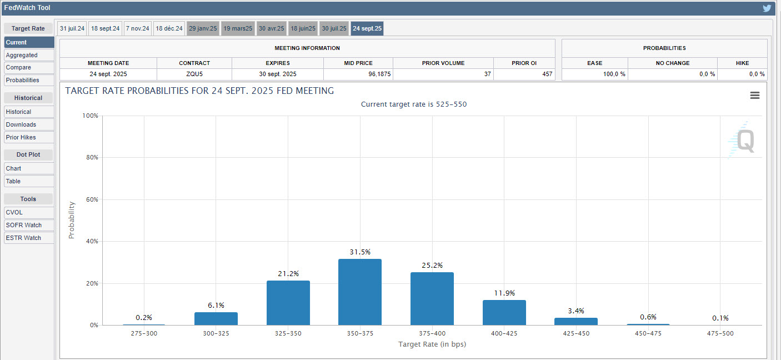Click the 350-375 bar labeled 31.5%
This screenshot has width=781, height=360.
(x=360, y=292)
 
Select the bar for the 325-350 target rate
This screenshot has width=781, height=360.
(x=288, y=303)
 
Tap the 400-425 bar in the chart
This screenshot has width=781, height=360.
(x=504, y=313)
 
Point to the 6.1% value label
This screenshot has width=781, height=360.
(x=216, y=305)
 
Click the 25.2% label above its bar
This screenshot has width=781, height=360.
(x=432, y=265)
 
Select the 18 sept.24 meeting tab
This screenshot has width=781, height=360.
(x=106, y=28)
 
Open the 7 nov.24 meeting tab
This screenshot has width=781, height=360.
(x=138, y=28)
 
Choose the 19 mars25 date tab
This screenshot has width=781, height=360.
(x=238, y=28)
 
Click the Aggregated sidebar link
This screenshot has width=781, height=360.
(x=22, y=55)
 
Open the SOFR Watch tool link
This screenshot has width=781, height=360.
(x=24, y=225)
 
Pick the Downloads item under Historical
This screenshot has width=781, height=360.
(x=21, y=124)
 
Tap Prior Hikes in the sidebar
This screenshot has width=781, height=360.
(x=21, y=137)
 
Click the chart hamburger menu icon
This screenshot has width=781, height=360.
(x=755, y=95)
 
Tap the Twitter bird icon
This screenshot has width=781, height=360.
(x=767, y=8)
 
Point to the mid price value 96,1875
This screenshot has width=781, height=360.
(x=379, y=74)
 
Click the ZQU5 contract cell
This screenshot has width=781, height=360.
(x=194, y=74)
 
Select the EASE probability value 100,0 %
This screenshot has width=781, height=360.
(x=614, y=74)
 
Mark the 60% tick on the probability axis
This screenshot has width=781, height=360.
(x=92, y=199)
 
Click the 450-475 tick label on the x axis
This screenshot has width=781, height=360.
(x=648, y=333)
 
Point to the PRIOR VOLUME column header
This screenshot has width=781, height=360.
(x=443, y=63)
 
